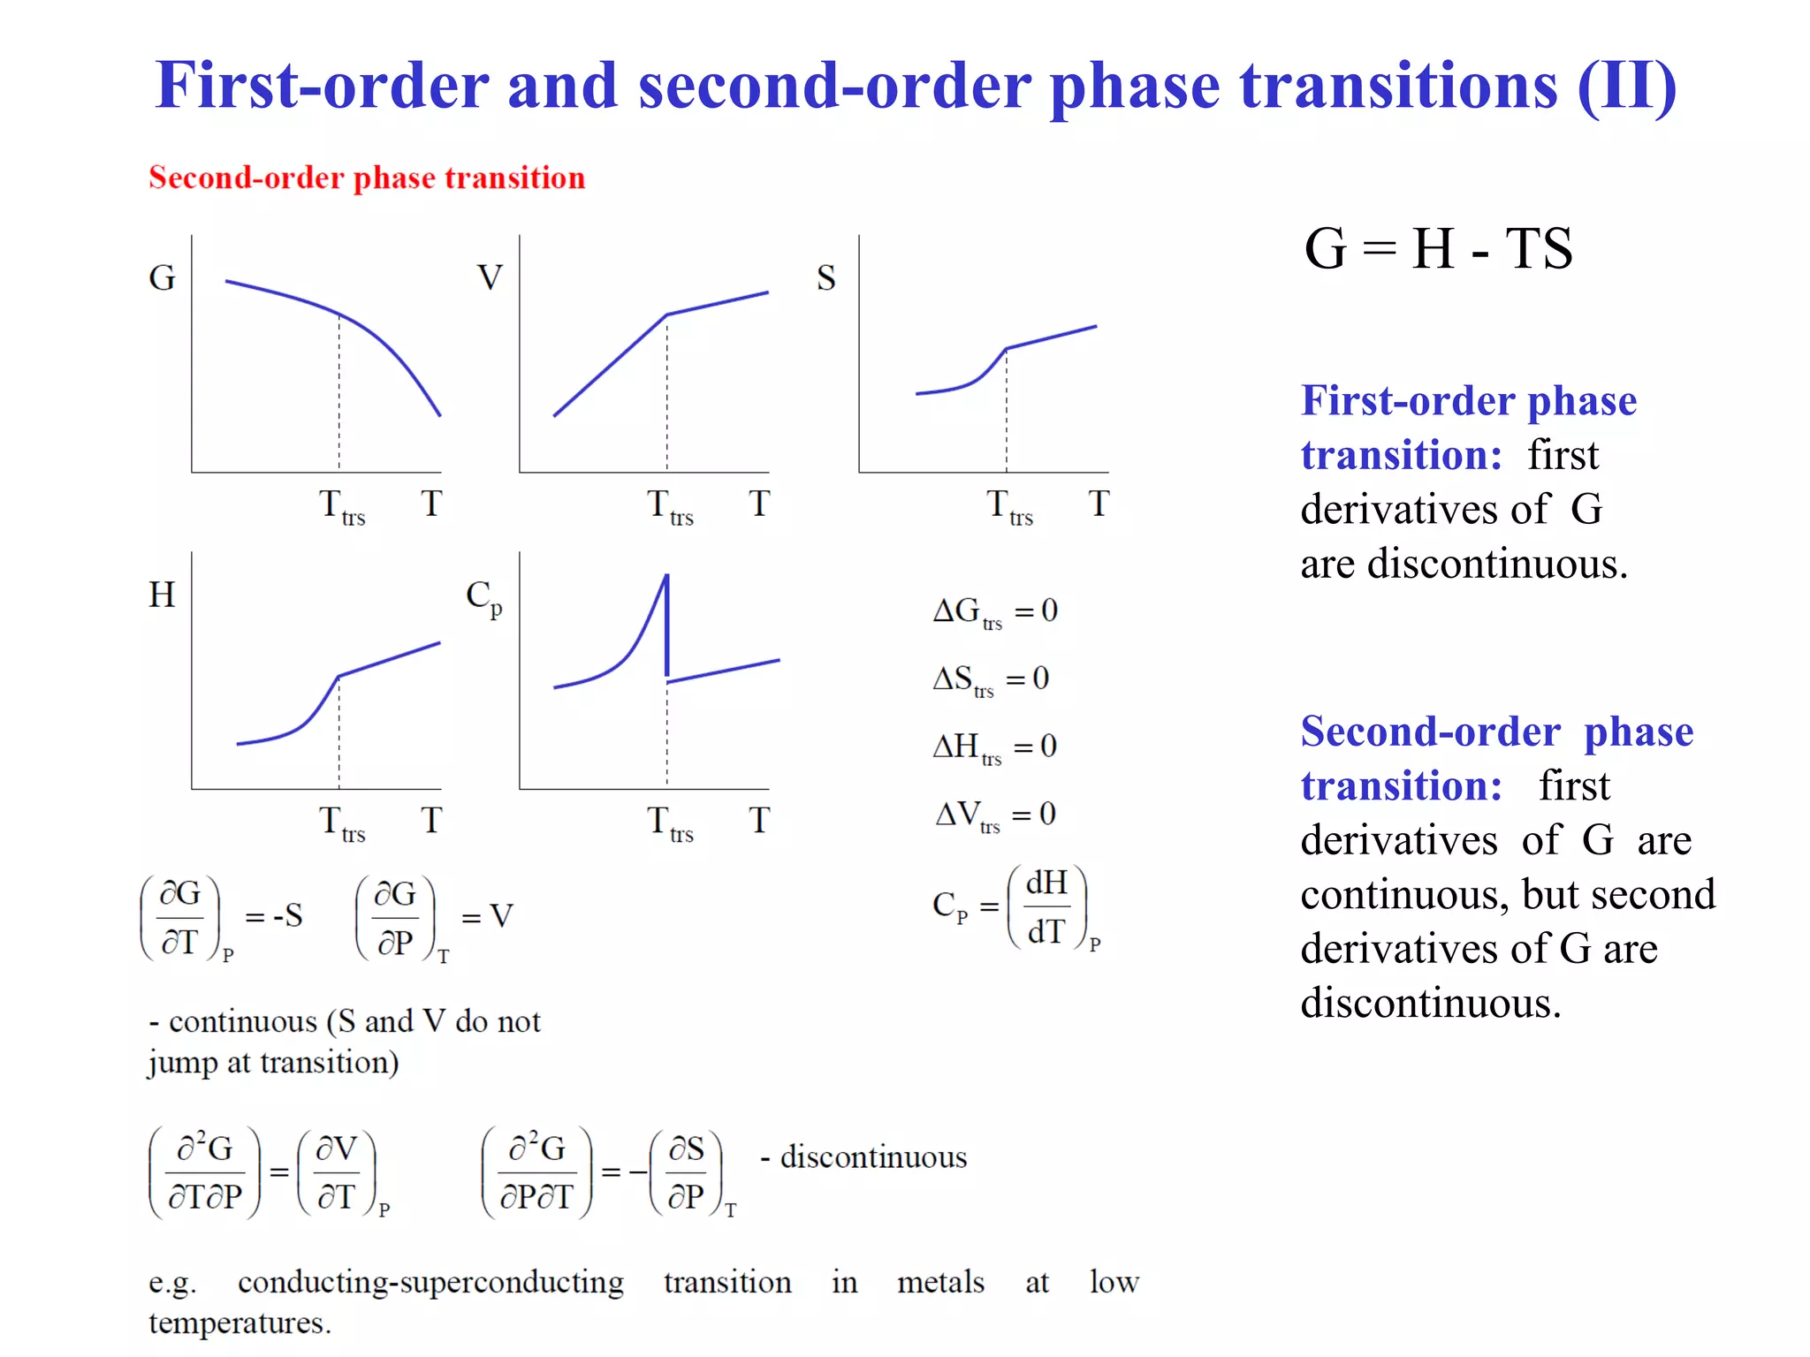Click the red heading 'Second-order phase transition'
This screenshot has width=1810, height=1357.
(367, 178)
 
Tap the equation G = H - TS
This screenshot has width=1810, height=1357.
(1438, 248)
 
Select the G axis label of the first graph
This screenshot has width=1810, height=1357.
(162, 278)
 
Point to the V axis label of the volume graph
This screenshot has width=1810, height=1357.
(490, 278)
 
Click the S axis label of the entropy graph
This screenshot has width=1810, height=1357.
(825, 278)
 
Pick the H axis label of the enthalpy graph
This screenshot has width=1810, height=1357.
(162, 595)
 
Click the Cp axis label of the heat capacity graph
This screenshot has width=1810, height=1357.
(484, 597)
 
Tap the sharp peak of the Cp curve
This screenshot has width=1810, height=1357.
(666, 577)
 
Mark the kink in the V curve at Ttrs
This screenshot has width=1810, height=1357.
(667, 315)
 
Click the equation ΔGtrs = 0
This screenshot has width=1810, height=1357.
(995, 611)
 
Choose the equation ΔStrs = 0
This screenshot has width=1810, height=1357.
(991, 679)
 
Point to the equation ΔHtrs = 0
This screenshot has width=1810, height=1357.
(995, 747)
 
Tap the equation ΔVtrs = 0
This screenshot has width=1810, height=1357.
(995, 815)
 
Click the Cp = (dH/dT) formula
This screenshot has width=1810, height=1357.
(1016, 907)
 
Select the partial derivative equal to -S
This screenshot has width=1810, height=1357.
(221, 917)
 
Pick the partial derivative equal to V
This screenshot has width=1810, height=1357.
(433, 917)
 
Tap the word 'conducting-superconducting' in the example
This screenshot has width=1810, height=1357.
(430, 1282)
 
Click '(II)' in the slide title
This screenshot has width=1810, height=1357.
(1627, 86)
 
